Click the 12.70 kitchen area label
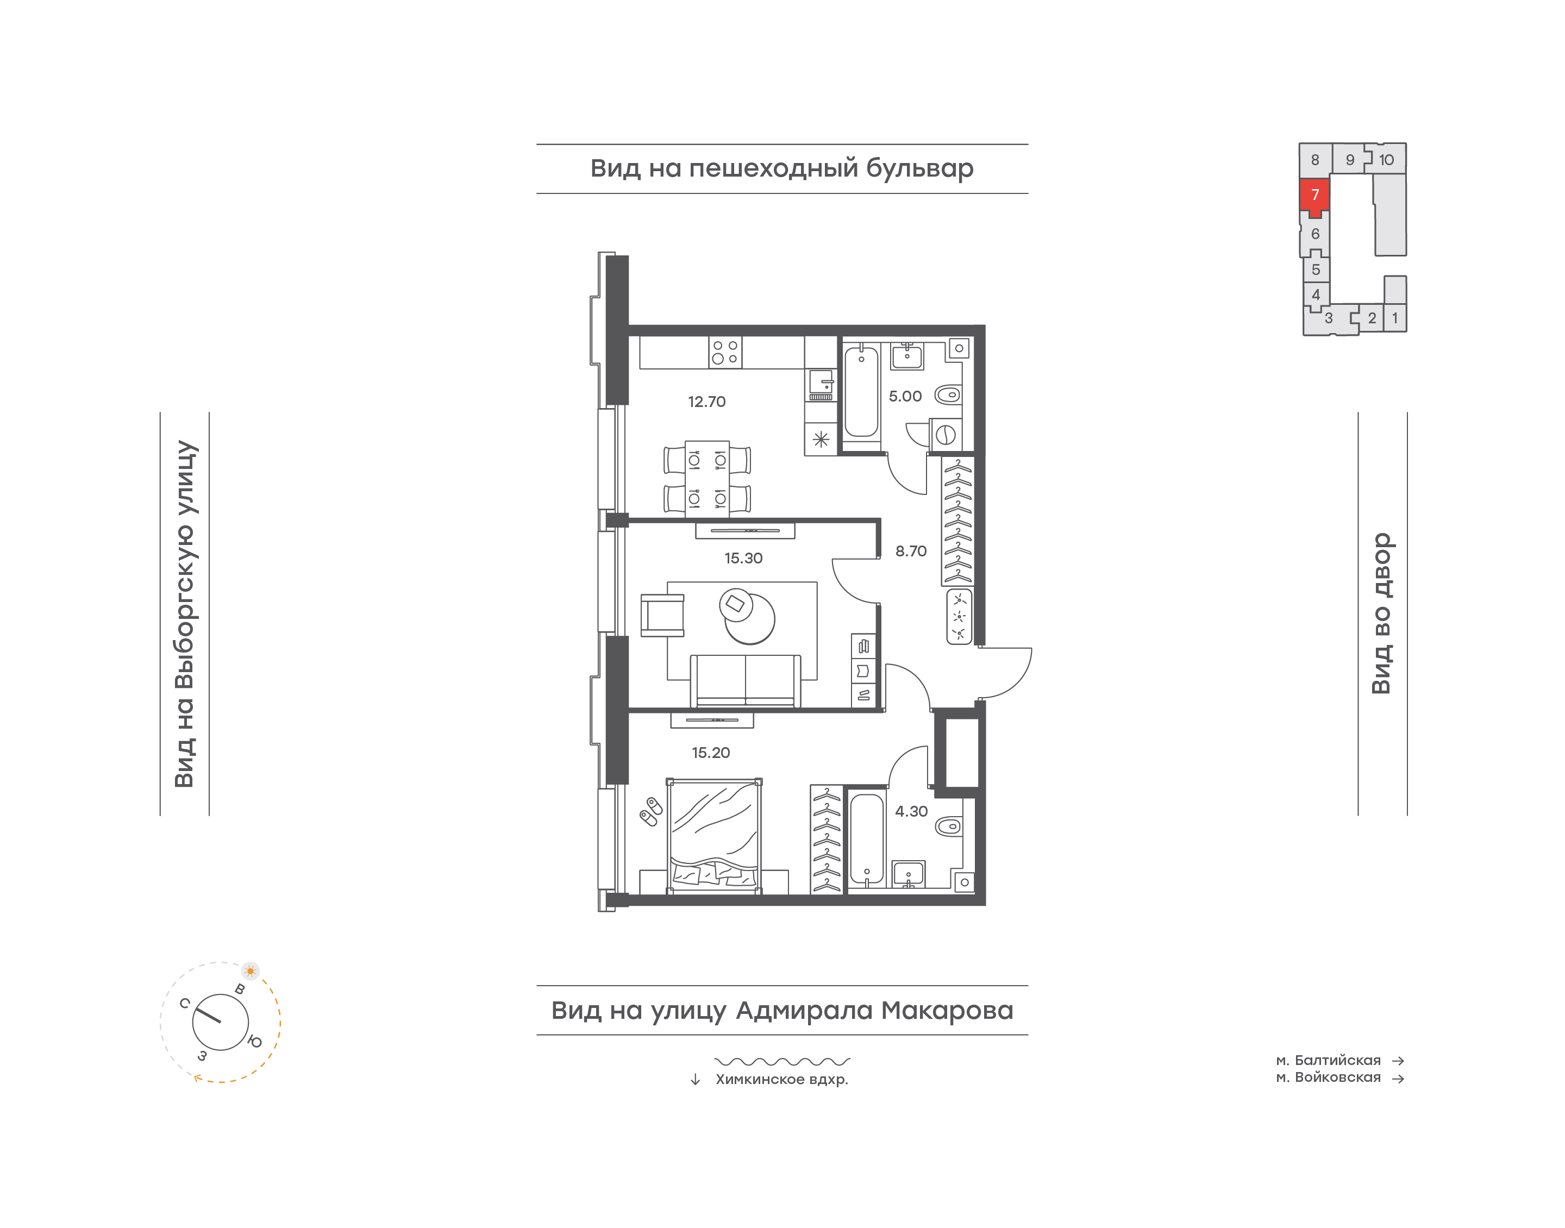[706, 402]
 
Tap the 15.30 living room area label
[743, 558]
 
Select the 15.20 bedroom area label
[710, 753]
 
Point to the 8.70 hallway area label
[910, 552]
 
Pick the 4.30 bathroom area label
[911, 812]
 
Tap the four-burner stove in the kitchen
[725, 352]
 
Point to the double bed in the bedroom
[714, 836]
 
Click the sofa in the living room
[745, 681]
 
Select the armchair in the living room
[662, 616]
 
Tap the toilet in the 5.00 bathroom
[948, 394]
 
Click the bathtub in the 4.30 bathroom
[867, 838]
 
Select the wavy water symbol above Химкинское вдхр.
[782, 1061]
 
